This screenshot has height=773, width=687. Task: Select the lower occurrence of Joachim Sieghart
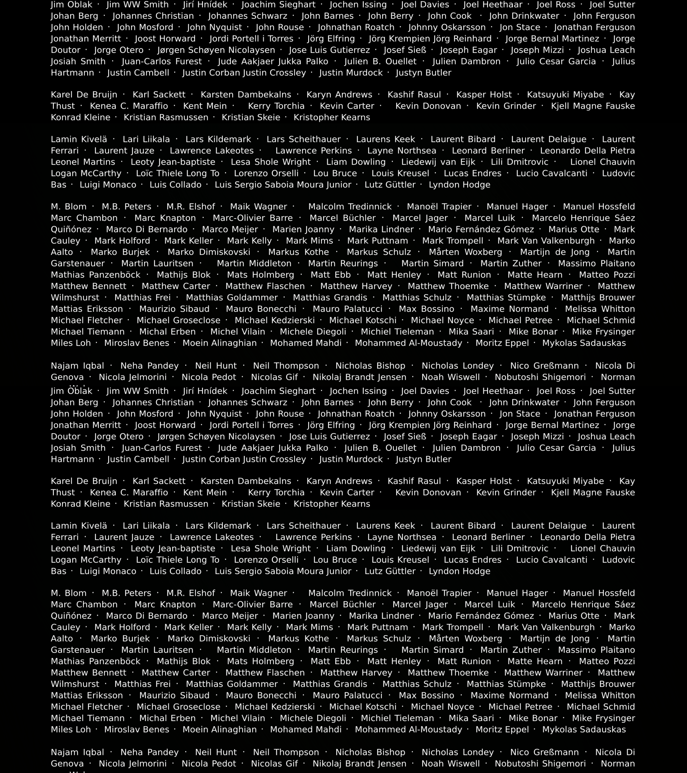point(278,391)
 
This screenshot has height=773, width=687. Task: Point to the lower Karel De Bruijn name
point(84,481)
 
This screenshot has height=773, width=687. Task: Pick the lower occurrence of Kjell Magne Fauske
point(593,492)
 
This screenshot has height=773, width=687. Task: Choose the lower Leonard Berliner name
point(488,537)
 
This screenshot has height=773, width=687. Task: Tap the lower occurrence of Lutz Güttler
point(390,571)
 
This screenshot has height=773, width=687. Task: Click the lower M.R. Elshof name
point(191,593)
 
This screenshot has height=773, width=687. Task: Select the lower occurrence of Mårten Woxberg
point(465,638)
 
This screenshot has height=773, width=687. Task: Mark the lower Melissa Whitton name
point(600,695)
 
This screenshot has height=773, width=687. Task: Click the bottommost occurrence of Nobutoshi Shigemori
point(540,764)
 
